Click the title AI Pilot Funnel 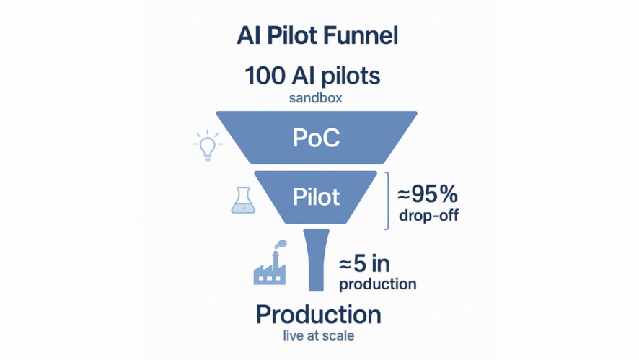[x=317, y=36]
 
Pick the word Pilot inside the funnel [x=317, y=196]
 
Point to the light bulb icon [x=207, y=145]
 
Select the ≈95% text [x=427, y=195]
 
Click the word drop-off [x=428, y=216]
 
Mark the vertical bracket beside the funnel [x=387, y=201]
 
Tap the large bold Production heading [x=318, y=315]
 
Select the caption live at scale [x=318, y=335]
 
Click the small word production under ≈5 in [x=377, y=284]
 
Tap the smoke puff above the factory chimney [x=281, y=244]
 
